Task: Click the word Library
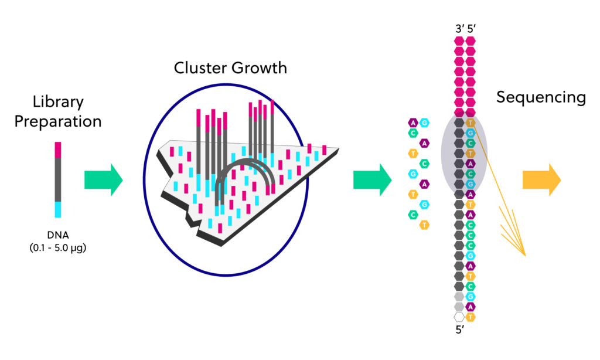point(58,103)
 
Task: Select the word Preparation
point(58,121)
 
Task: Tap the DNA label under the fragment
point(58,235)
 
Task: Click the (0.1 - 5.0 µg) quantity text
point(58,247)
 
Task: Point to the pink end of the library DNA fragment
point(58,150)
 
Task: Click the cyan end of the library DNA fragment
point(58,209)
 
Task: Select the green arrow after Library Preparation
point(103,180)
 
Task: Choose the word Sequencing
point(541,97)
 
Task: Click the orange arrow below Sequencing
point(541,180)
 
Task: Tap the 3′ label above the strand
point(459,28)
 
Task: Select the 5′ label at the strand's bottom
point(460,330)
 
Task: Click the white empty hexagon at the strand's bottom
point(459,317)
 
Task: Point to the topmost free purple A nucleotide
point(413,123)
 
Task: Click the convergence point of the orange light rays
point(525,255)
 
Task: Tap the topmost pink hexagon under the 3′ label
point(459,40)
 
